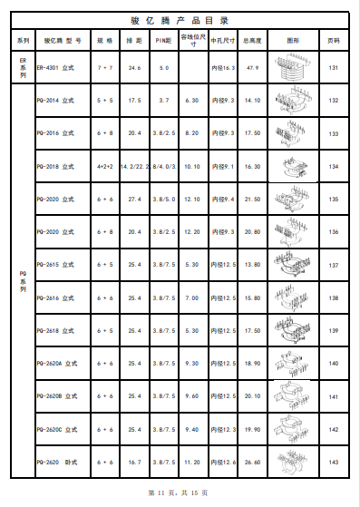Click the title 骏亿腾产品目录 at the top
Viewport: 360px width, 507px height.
click(x=180, y=19)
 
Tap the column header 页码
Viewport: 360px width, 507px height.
click(x=334, y=41)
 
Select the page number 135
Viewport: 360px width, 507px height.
click(x=334, y=199)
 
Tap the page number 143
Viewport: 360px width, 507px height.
click(x=334, y=462)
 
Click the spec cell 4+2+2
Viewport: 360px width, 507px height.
click(x=104, y=166)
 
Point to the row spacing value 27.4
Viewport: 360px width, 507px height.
click(x=134, y=199)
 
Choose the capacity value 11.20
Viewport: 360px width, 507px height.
click(x=191, y=462)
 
